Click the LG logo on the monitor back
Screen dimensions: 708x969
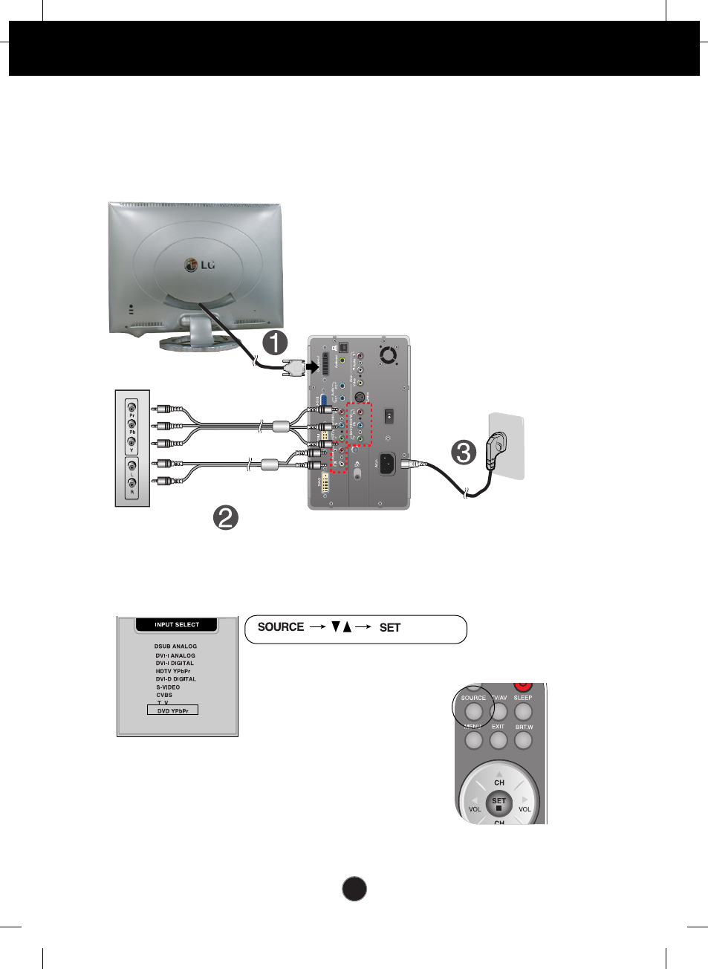pos(199,265)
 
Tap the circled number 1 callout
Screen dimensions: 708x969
pos(276,343)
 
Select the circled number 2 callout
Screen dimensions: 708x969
pos(226,517)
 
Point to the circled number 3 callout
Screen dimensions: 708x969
pos(464,452)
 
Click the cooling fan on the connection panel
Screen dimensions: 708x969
pos(389,355)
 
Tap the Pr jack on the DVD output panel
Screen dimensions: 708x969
pos(132,407)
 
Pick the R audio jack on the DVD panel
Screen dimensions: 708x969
pos(132,484)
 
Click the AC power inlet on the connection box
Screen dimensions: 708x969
pos(386,464)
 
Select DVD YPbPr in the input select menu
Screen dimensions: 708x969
pos(173,711)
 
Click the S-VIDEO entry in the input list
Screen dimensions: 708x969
pos(168,687)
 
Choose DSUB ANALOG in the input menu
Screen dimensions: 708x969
pos(175,646)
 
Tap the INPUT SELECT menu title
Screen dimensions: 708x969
pos(177,625)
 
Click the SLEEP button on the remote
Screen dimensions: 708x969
pos(523,711)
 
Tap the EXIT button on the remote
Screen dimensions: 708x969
pos(498,740)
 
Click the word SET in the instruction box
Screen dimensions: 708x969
pos(390,628)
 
